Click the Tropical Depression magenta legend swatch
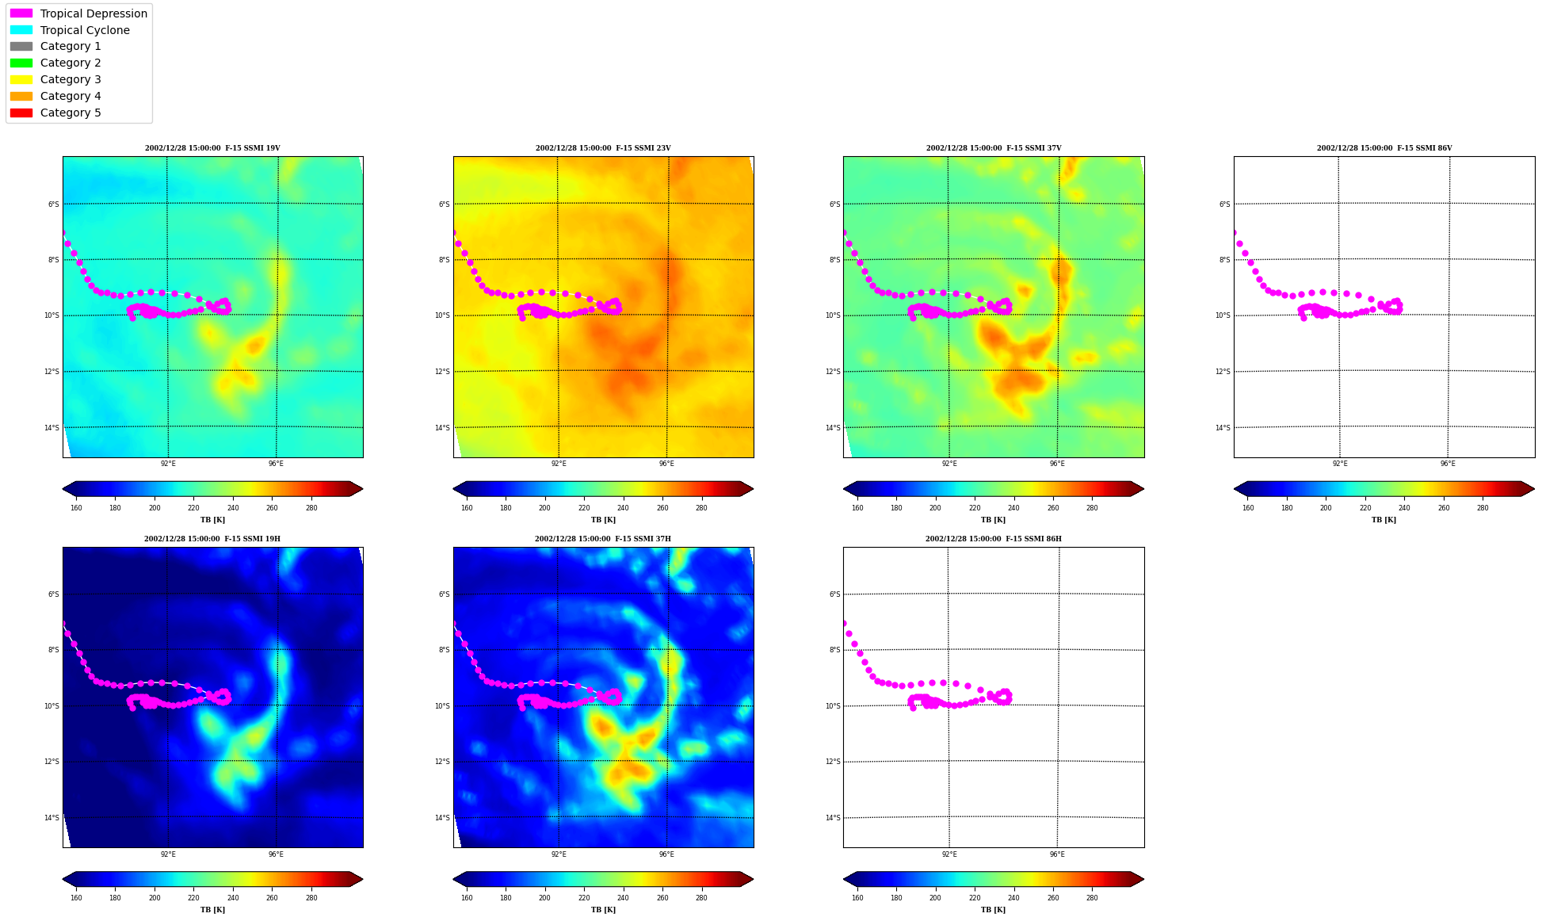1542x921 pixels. pos(21,13)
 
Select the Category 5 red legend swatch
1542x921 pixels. pos(21,113)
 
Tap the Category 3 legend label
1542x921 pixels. pos(71,79)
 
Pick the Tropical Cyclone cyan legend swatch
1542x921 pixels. pos(21,30)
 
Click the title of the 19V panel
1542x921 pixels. pos(212,148)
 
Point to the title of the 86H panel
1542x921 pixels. pos(994,539)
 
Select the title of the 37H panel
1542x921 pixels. pos(603,539)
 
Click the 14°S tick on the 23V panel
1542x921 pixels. pos(441,428)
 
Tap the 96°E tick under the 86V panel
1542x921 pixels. pos(1448,464)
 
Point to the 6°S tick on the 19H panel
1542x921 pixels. pos(53,594)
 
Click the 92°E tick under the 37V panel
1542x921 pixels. pos(949,464)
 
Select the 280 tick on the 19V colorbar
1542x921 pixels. pos(311,508)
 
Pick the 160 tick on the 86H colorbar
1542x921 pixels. pos(857,898)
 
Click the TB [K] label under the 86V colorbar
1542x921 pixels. pos(1384,520)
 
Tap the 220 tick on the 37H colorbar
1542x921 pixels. pos(584,898)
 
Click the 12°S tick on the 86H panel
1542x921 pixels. pos(832,762)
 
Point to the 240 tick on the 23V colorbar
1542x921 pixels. pos(623,508)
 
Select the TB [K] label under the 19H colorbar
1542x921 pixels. pos(212,910)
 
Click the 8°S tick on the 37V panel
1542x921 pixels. pos(834,260)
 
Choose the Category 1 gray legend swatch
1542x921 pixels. pos(21,47)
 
